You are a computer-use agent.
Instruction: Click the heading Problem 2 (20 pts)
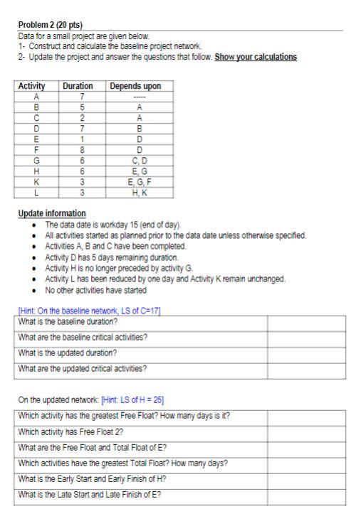(51, 25)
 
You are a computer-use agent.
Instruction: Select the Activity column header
(31, 86)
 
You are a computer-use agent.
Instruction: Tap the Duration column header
(78, 86)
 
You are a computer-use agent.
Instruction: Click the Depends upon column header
(135, 86)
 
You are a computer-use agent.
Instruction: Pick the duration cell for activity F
(83, 151)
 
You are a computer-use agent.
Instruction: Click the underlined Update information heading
(52, 213)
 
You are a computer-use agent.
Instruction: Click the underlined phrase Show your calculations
(256, 57)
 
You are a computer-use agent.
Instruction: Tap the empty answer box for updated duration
(305, 353)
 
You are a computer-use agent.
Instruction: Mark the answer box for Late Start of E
(305, 495)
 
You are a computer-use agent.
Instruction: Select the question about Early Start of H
(93, 480)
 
